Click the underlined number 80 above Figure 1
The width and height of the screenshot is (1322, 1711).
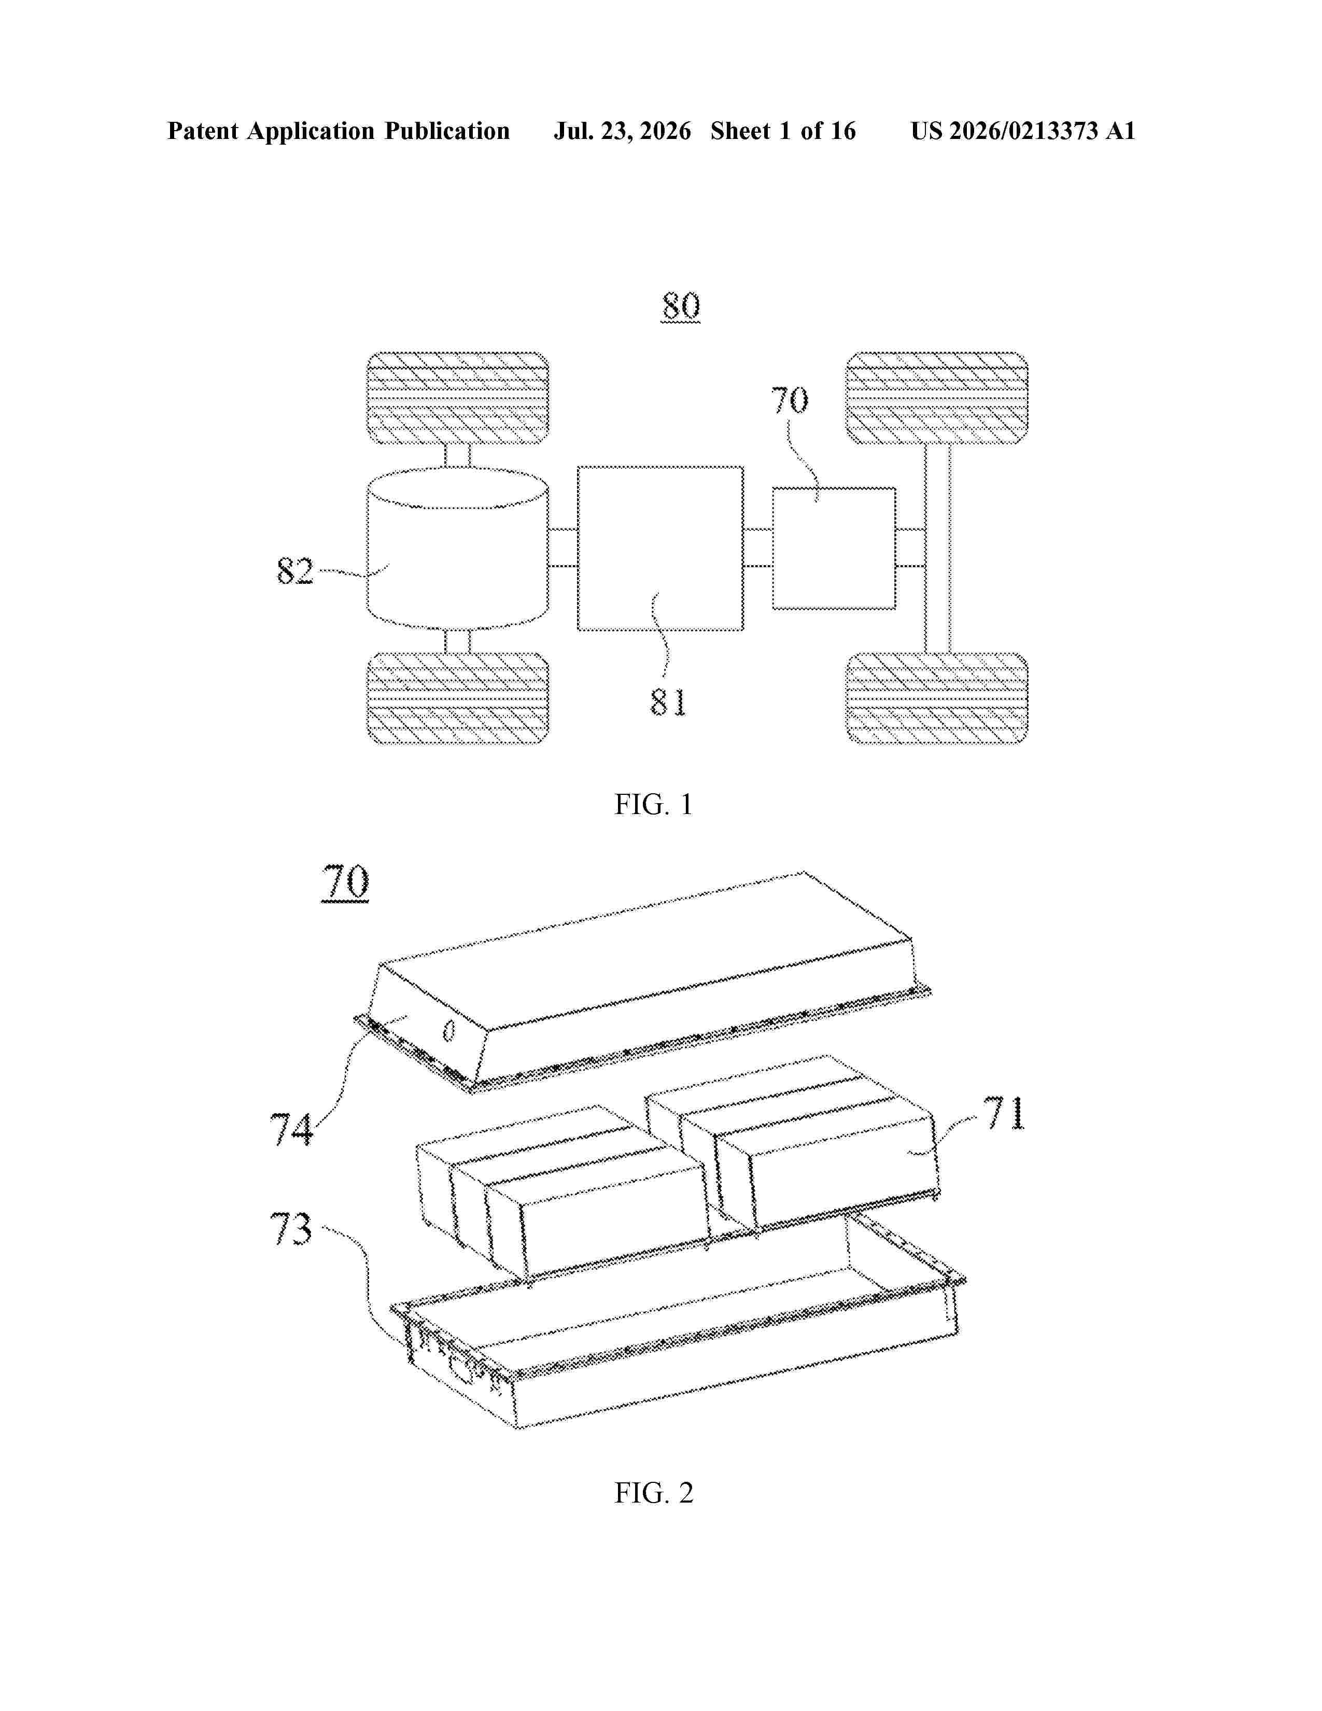681,306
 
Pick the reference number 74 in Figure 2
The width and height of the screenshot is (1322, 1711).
291,1129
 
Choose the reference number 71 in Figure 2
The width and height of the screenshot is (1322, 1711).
1005,1113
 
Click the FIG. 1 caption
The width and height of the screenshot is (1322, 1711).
653,805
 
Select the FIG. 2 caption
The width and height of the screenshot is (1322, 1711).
653,1493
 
